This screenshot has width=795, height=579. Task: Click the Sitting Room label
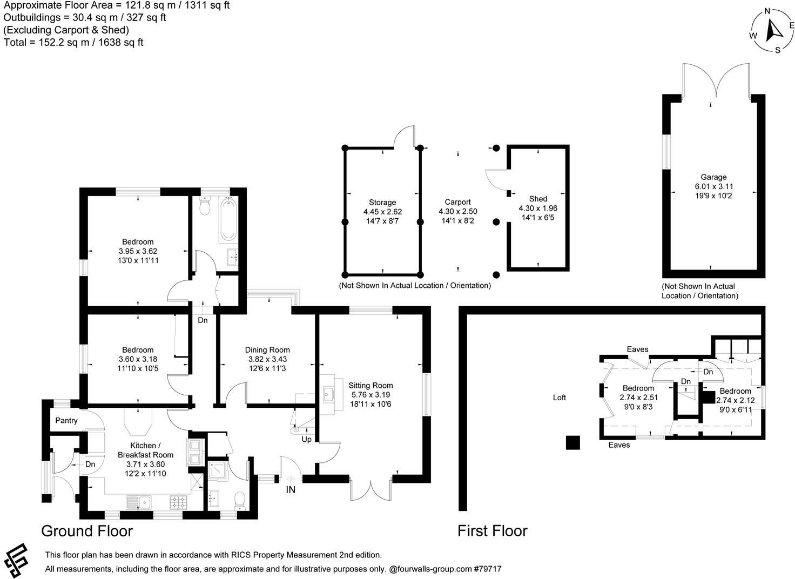click(x=370, y=385)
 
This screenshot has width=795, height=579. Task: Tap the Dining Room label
click(x=267, y=349)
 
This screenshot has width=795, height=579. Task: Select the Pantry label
click(x=66, y=420)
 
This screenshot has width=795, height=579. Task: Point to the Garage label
click(x=713, y=177)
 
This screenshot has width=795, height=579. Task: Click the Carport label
click(x=457, y=202)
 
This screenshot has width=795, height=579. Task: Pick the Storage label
click(x=382, y=203)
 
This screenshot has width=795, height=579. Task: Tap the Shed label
click(x=538, y=199)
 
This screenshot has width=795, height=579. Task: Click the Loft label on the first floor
click(x=560, y=398)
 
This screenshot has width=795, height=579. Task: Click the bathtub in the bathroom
click(x=228, y=220)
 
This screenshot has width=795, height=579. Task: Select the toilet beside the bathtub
click(x=205, y=206)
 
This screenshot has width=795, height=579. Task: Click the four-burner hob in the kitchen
click(x=179, y=502)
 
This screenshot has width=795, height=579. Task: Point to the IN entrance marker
click(x=291, y=489)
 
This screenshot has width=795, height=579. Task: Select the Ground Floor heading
click(x=87, y=531)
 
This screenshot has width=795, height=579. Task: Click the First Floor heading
click(x=492, y=531)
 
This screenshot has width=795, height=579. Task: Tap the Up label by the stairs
click(x=306, y=440)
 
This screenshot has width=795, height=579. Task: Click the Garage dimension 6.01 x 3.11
click(x=714, y=186)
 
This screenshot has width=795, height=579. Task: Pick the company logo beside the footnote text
click(x=16, y=560)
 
